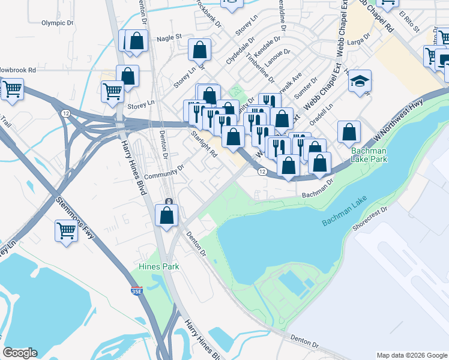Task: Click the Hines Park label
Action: [x=159, y=266]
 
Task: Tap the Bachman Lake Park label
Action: [x=361, y=155]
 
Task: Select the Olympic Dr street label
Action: [x=57, y=23]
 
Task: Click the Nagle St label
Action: [x=169, y=37]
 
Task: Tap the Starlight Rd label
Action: [x=204, y=142]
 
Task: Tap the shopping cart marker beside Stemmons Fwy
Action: [x=66, y=230]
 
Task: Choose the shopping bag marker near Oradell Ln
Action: [x=349, y=131]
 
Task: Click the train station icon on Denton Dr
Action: [x=169, y=201]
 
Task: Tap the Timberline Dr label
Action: [x=263, y=69]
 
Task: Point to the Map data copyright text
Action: [x=411, y=355]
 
